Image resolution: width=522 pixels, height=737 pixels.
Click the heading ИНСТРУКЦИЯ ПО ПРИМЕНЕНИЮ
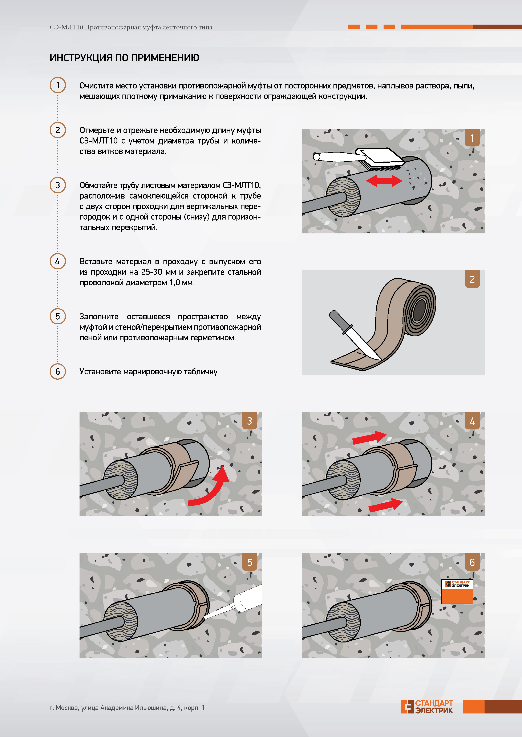[124, 58]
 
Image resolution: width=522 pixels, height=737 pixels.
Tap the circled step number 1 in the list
[58, 85]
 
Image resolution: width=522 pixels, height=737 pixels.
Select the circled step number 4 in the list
[58, 261]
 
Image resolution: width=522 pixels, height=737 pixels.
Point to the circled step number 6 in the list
[58, 371]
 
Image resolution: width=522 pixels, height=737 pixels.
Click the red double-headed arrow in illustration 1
[384, 180]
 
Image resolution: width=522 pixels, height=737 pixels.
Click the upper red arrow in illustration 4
[369, 437]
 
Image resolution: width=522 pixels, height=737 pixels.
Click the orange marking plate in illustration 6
[457, 592]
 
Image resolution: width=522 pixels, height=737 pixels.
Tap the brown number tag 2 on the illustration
[472, 279]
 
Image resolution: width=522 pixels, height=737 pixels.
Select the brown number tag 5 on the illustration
[250, 562]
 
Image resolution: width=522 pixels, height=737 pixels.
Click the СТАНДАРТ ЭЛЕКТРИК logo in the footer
[427, 707]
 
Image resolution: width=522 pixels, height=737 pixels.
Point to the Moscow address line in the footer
[127, 707]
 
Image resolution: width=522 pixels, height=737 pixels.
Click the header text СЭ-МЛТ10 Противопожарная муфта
[131, 27]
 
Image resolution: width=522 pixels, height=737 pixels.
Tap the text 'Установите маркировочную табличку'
[149, 372]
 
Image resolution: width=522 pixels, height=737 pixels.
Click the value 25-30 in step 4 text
[152, 272]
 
